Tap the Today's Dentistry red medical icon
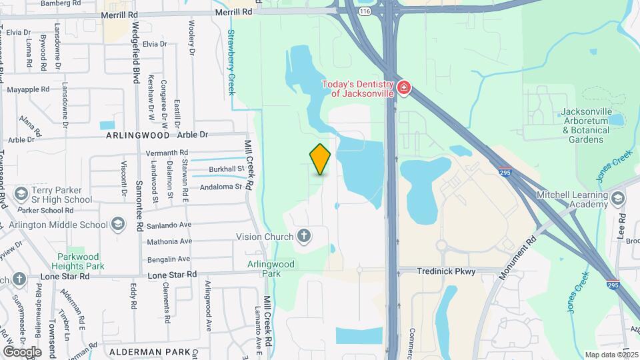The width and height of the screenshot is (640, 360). pos(403,88)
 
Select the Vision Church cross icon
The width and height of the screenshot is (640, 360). pos(304,236)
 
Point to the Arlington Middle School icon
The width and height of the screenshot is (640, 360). pos(119,224)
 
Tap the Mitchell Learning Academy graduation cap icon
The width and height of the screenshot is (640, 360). pos(618,198)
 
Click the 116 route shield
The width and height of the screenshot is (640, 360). pos(364,11)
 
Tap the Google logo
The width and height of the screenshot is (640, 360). pos(22,351)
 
